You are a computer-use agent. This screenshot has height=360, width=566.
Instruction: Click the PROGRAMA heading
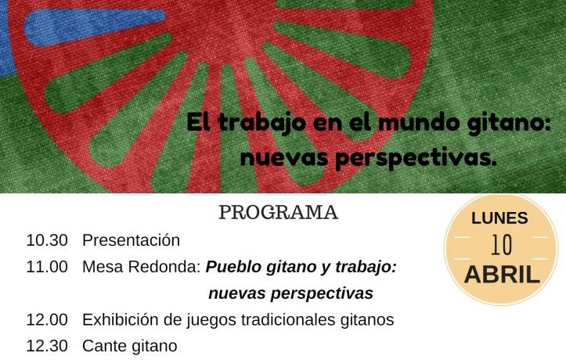[279, 212]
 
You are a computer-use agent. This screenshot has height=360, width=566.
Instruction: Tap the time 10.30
[47, 240]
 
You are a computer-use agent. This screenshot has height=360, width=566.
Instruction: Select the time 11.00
[47, 267]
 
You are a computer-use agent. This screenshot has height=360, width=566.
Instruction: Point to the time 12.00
[47, 319]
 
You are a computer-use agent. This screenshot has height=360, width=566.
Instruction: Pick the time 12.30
[47, 346]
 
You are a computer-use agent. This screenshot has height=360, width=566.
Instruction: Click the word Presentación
[131, 240]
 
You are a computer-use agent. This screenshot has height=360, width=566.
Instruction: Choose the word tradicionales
[288, 319]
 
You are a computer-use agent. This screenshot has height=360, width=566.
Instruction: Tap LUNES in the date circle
[499, 218]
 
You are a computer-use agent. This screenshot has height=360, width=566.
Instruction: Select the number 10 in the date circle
[501, 245]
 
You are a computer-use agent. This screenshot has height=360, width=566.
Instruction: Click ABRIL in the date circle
[502, 275]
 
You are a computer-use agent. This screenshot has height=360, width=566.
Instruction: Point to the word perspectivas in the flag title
[416, 158]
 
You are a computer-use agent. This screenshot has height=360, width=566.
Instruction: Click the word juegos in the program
[211, 320]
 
